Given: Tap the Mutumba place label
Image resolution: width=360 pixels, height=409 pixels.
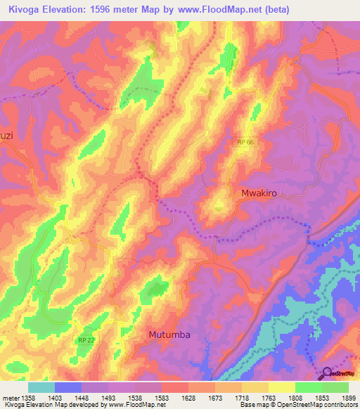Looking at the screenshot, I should pyautogui.click(x=169, y=335).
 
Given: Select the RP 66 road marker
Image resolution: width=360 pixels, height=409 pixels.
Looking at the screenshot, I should pyautogui.click(x=245, y=142).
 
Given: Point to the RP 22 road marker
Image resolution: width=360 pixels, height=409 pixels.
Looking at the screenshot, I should pyautogui.click(x=86, y=340).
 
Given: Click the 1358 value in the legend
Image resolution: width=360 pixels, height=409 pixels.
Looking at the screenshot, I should pyautogui.click(x=27, y=397).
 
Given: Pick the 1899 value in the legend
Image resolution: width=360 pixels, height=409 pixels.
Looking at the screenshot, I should pyautogui.click(x=348, y=397).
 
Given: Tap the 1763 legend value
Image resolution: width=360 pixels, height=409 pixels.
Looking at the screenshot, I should pyautogui.click(x=268, y=397).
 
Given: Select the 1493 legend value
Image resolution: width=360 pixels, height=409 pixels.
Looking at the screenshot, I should pyautogui.click(x=108, y=397).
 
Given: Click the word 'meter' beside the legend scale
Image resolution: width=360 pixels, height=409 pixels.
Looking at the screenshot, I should pyautogui.click(x=10, y=397).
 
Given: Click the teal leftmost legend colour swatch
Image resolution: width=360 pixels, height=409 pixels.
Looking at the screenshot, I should pyautogui.click(x=41, y=387).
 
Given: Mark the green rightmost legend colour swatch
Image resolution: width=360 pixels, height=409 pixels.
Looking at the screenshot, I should pyautogui.click(x=335, y=387).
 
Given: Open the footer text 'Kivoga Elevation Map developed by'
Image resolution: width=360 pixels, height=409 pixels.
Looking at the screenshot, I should pyautogui.click(x=55, y=405).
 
